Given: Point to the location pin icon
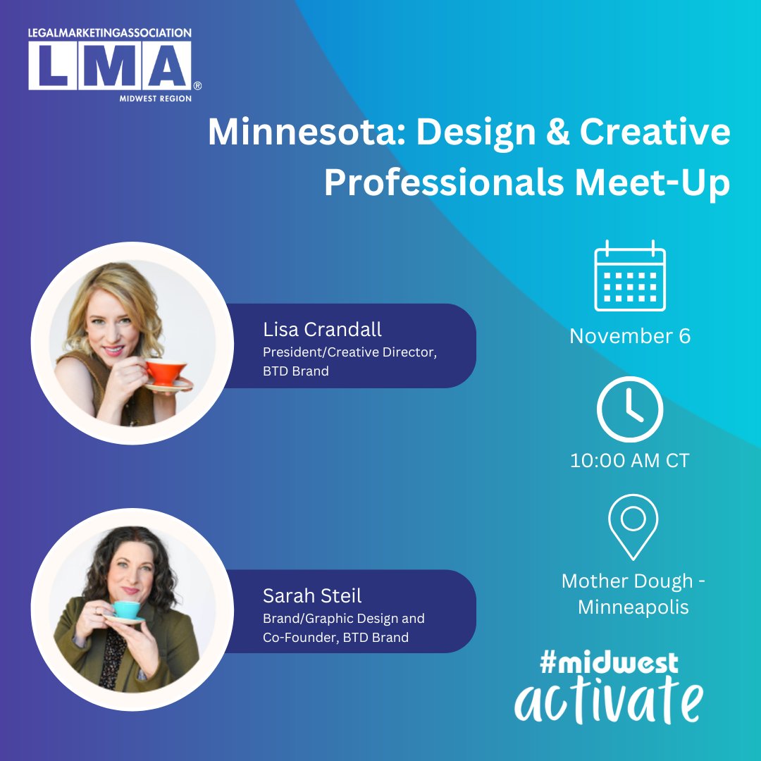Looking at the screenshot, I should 633,526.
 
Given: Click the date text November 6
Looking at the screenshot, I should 630,336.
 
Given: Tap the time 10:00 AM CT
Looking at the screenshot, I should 630,461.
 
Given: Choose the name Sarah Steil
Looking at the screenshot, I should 312,595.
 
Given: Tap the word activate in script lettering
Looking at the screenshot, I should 609,700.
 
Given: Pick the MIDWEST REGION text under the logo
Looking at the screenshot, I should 155,99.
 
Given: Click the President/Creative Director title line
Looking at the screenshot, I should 350,352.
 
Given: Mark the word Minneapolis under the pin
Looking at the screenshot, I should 633,607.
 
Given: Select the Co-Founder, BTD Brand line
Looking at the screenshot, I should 335,638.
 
